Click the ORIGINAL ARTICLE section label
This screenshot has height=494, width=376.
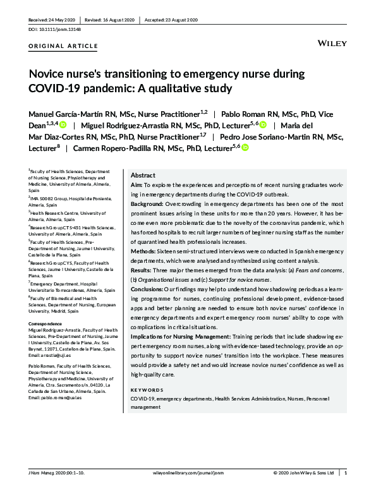64,46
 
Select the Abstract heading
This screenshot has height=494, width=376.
143,175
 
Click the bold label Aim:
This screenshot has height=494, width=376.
136,184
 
